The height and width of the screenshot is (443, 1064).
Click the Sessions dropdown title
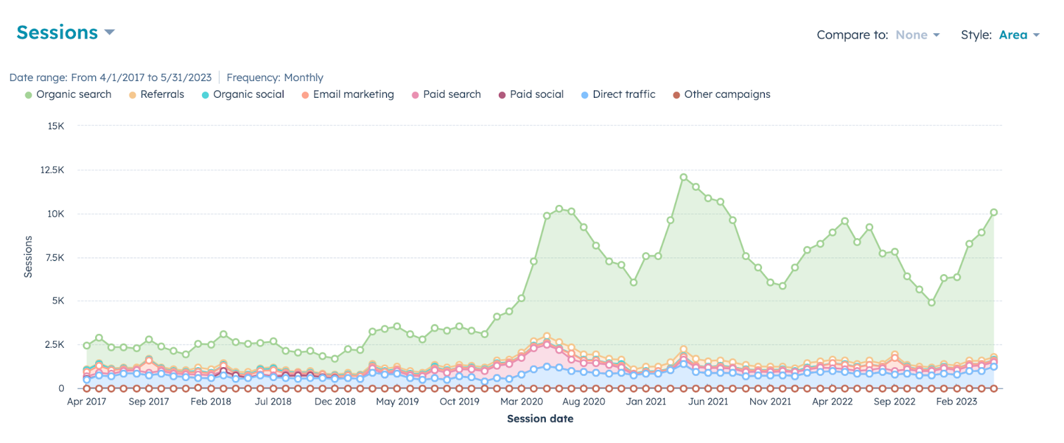65,33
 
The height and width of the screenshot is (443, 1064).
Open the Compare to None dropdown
917,35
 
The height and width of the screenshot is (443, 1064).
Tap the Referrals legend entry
157,94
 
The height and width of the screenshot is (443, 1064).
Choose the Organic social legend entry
243,94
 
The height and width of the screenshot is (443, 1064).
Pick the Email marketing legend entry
348,94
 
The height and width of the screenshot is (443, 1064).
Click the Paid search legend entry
446,94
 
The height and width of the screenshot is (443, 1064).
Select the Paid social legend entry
531,94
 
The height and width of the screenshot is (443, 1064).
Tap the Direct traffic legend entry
618,94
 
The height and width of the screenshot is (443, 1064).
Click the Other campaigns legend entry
722,94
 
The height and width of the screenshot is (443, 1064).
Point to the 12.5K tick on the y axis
52,170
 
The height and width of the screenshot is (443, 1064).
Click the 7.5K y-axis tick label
55,257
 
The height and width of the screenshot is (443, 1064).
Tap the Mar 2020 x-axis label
521,402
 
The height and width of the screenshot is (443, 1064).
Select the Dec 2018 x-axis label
335,402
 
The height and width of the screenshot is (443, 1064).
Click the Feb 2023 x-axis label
956,402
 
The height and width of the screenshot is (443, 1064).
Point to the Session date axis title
540,419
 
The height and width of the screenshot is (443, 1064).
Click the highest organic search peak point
684,178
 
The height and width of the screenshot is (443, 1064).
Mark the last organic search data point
994,213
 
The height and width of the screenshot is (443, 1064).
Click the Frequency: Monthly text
275,78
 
